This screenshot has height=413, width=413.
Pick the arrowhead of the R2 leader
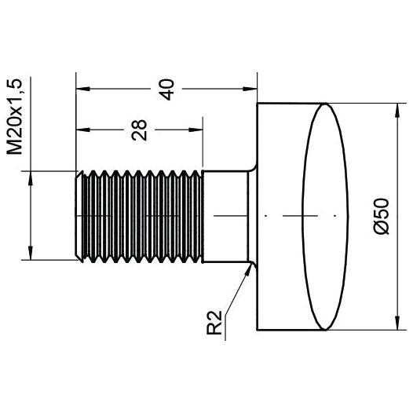point(250,267)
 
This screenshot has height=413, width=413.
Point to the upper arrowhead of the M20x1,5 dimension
point(31,175)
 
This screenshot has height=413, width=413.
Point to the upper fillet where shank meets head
point(253,168)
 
